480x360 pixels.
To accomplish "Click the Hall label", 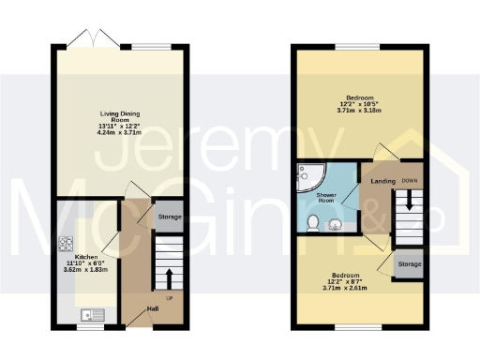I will [x=152, y=307].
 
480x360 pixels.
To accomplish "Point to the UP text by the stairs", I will [x=169, y=298].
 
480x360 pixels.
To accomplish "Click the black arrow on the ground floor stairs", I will [x=169, y=277].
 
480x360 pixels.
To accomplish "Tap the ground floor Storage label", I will [x=169, y=217].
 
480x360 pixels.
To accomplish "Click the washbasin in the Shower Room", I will [x=334, y=222].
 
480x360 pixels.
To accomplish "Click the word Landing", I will [x=382, y=180].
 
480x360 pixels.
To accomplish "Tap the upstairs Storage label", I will [x=409, y=264].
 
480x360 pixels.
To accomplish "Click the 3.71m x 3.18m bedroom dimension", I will [x=360, y=112].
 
